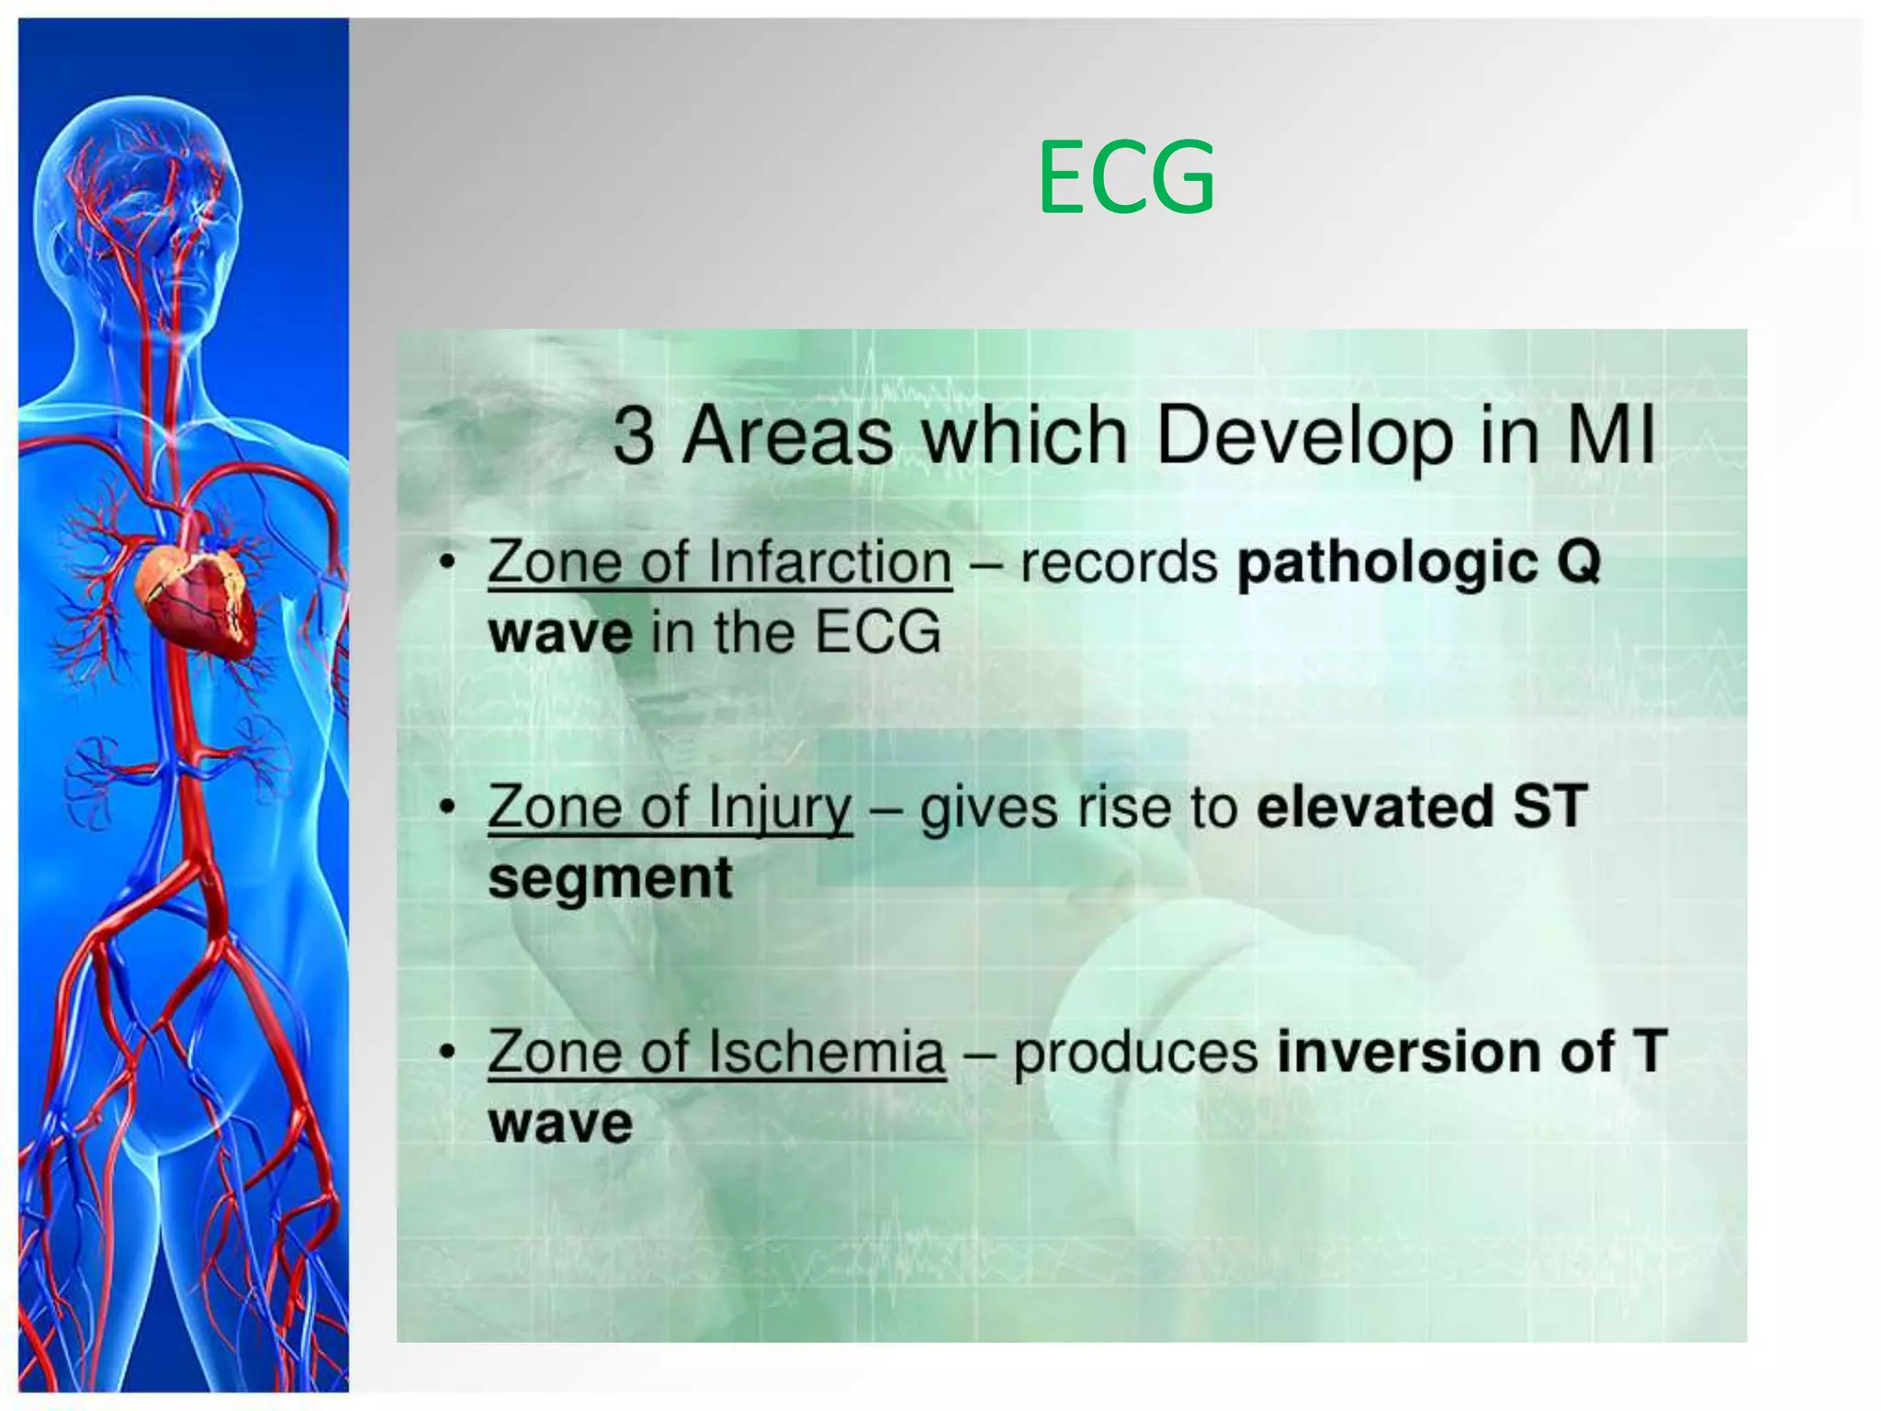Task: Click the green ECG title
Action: point(1126,178)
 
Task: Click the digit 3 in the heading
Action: point(634,435)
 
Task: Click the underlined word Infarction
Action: point(831,562)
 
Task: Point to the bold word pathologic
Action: point(1387,562)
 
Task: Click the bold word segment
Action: point(610,878)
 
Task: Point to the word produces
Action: point(1135,1052)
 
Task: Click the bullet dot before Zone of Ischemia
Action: point(447,1053)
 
